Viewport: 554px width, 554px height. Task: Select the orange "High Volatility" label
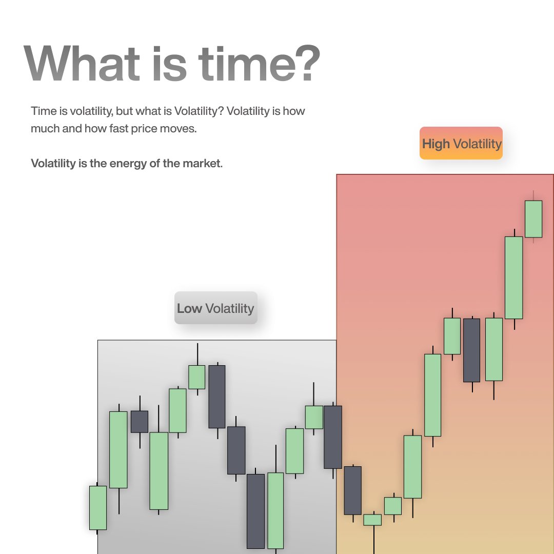[461, 143]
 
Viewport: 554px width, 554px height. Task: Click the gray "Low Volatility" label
[215, 308]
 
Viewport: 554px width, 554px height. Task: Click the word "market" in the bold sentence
[201, 164]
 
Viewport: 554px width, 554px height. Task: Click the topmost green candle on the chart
[533, 219]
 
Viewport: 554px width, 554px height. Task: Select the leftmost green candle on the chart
[98, 507]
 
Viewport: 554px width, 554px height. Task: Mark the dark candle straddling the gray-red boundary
[333, 437]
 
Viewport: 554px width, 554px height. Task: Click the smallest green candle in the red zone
[372, 520]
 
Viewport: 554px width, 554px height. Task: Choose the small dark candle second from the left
[140, 421]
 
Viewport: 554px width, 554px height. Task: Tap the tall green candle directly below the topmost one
[514, 278]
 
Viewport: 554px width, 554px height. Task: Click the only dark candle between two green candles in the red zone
[471, 350]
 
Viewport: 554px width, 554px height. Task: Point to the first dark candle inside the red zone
[353, 490]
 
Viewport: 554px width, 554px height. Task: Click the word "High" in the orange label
[436, 144]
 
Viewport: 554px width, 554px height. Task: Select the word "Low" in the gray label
[189, 308]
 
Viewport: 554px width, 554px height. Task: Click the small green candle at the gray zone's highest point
[196, 377]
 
